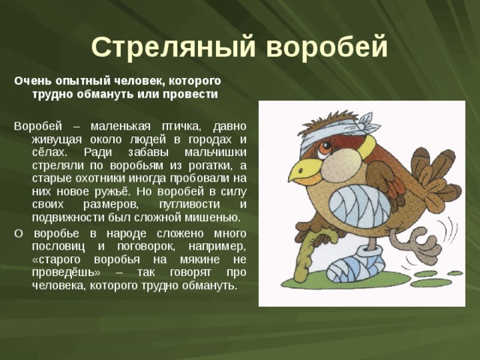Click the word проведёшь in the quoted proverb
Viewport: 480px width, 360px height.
pyautogui.click(x=61, y=272)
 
